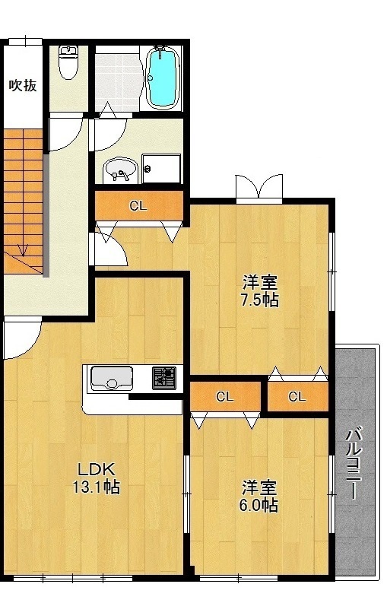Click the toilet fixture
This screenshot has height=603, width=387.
(x=68, y=62)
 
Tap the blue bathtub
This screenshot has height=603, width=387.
(x=164, y=78)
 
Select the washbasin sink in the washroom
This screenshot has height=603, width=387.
(x=119, y=170)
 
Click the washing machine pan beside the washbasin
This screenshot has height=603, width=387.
(x=161, y=169)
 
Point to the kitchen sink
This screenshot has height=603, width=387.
(x=111, y=379)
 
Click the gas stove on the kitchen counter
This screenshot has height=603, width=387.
(x=164, y=378)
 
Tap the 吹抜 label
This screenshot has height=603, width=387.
(x=23, y=85)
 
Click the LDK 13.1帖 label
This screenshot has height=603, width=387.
(x=96, y=478)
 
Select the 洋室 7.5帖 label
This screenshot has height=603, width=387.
(x=260, y=291)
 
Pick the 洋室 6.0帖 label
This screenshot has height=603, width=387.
(x=259, y=496)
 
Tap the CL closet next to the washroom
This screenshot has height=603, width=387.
(x=139, y=206)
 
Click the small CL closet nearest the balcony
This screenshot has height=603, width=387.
(x=298, y=396)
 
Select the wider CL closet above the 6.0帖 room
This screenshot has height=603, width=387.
(x=225, y=396)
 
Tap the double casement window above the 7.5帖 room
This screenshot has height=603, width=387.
(x=259, y=187)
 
